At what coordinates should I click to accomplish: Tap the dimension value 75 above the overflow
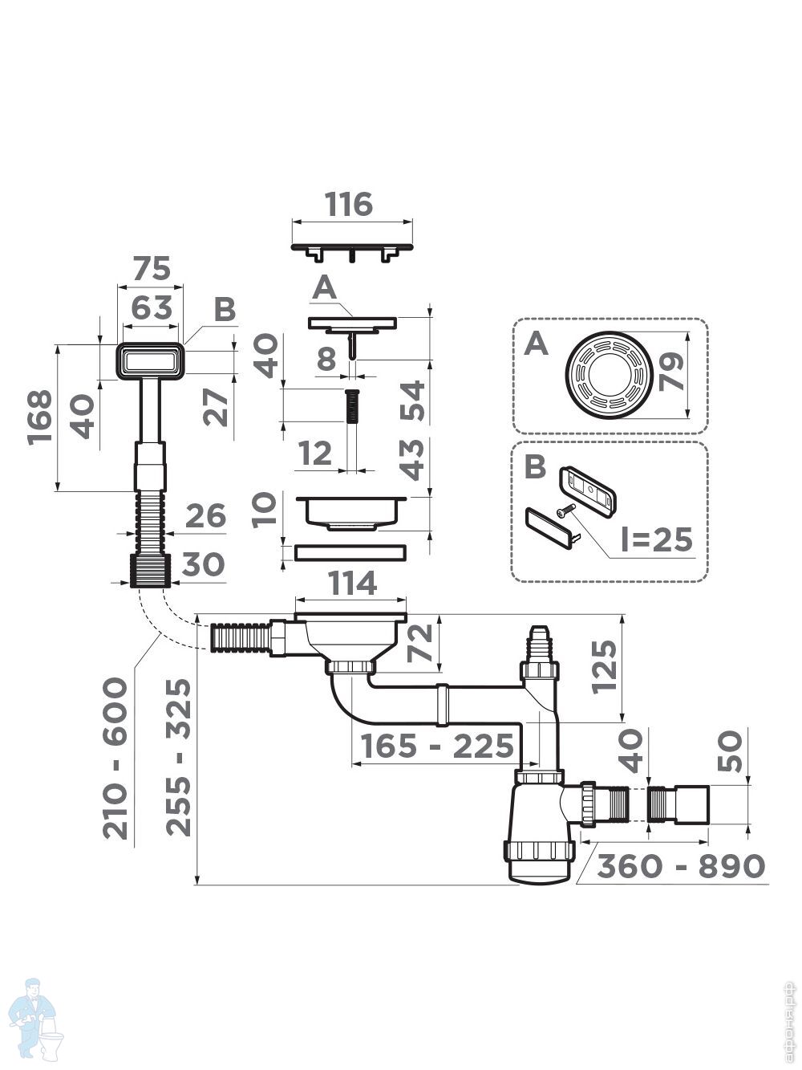152,268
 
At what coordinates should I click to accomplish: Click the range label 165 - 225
437,746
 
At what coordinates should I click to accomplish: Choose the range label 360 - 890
681,865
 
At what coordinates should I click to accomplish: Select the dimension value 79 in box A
671,372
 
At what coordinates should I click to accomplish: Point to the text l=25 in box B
656,539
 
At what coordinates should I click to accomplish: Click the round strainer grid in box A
601,372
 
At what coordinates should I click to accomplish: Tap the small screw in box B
567,508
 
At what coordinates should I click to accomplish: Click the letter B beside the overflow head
225,310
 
